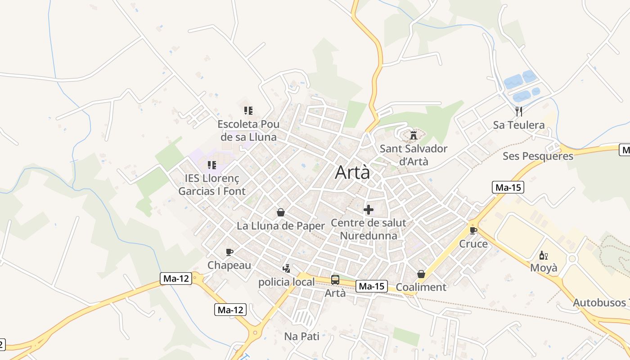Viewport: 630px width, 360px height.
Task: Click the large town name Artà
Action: (352, 172)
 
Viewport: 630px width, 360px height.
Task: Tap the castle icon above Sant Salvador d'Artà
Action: (413, 135)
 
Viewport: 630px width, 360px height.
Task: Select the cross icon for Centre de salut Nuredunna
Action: (369, 210)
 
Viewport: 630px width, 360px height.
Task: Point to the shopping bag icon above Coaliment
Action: (421, 274)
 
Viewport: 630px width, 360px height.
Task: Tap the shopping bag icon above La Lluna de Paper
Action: (281, 212)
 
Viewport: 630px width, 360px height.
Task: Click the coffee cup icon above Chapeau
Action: (229, 252)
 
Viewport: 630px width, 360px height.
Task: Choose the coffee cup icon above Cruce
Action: (473, 231)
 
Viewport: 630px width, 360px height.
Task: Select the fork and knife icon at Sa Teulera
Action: (519, 111)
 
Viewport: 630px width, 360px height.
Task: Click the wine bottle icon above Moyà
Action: (543, 255)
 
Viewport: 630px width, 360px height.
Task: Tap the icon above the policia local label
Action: (286, 269)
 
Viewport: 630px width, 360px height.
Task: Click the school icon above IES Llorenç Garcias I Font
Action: (212, 165)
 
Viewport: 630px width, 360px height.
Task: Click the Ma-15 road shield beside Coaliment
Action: (372, 286)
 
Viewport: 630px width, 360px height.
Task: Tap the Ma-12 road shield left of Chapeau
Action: (175, 279)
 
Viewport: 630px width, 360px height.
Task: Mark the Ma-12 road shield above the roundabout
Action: (230, 310)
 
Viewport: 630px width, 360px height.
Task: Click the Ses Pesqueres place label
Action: (538, 156)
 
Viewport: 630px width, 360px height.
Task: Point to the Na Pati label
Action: (301, 336)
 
